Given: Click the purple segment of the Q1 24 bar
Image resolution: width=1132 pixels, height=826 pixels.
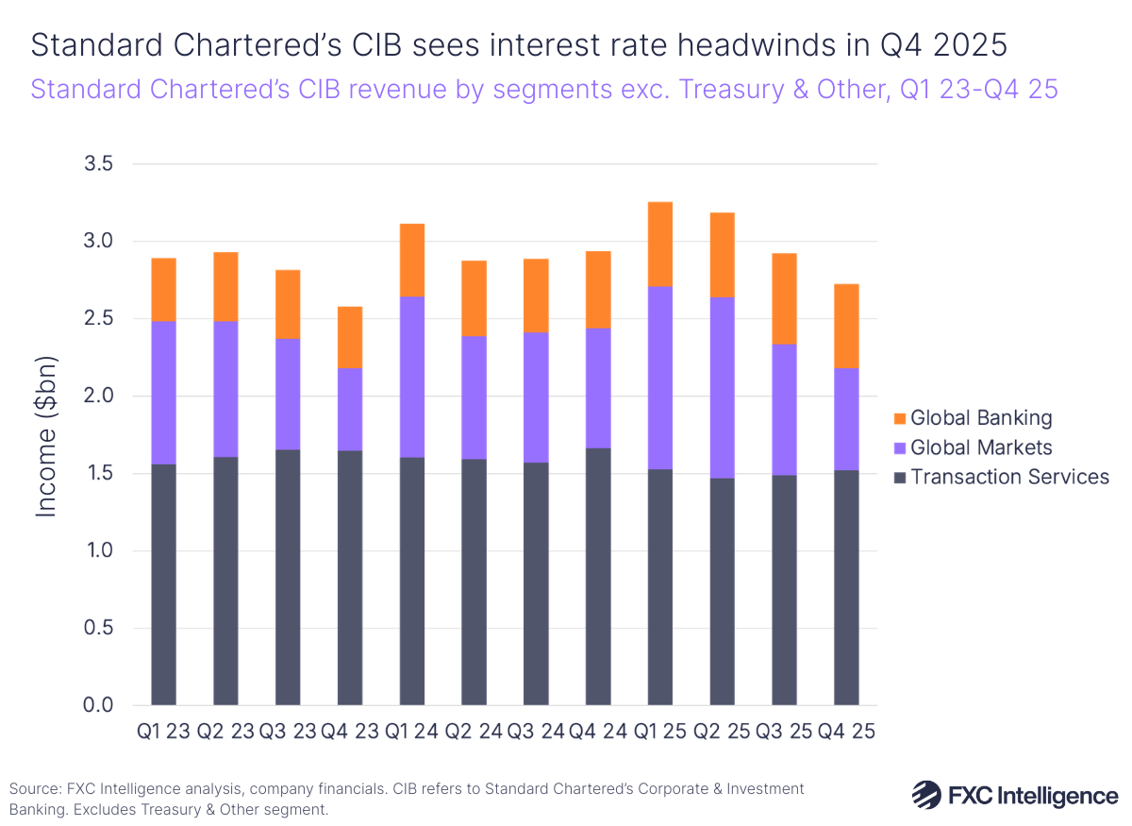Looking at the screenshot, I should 412,377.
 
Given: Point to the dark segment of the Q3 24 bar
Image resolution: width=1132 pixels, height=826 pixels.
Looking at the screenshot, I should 536,583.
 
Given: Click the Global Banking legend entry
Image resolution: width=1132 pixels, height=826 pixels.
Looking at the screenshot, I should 972,418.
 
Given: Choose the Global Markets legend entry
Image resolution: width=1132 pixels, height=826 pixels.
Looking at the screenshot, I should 972,447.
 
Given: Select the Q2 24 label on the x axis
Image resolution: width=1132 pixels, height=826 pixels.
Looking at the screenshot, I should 474,732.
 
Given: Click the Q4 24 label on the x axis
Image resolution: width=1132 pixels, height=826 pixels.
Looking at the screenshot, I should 598,732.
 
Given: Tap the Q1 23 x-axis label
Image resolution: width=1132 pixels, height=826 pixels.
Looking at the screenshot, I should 163,732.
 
